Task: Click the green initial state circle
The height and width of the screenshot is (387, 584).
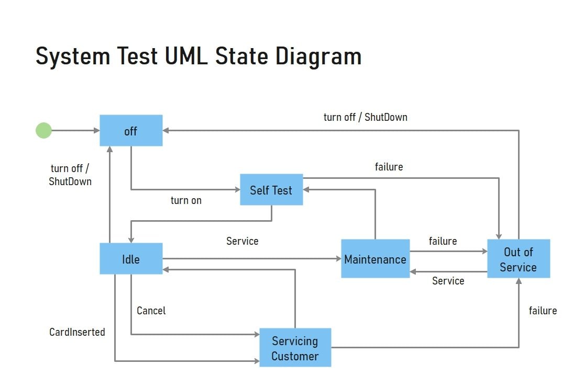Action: (43, 130)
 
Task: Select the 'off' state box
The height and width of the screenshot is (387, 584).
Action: (131, 131)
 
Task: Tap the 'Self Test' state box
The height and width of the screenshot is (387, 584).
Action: (271, 190)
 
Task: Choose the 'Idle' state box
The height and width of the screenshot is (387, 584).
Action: (131, 259)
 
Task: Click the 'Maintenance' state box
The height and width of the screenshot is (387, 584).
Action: (375, 259)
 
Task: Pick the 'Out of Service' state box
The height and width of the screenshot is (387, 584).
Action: (519, 259)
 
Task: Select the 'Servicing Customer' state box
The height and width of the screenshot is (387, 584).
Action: (295, 348)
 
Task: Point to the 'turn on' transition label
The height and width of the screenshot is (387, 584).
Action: (186, 200)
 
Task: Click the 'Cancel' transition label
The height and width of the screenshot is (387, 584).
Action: (151, 311)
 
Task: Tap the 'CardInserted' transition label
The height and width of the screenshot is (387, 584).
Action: (77, 332)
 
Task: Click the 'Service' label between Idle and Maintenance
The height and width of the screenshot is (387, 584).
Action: (242, 241)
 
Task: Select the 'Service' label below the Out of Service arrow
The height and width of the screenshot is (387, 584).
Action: (448, 281)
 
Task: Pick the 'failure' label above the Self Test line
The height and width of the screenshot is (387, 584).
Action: (389, 167)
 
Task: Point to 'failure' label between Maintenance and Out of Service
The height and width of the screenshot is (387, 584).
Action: (443, 241)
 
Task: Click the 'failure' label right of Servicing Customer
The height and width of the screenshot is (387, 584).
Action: (543, 311)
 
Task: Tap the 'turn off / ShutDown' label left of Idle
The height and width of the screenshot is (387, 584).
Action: (70, 175)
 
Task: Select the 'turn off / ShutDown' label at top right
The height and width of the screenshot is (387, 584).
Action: (365, 117)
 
